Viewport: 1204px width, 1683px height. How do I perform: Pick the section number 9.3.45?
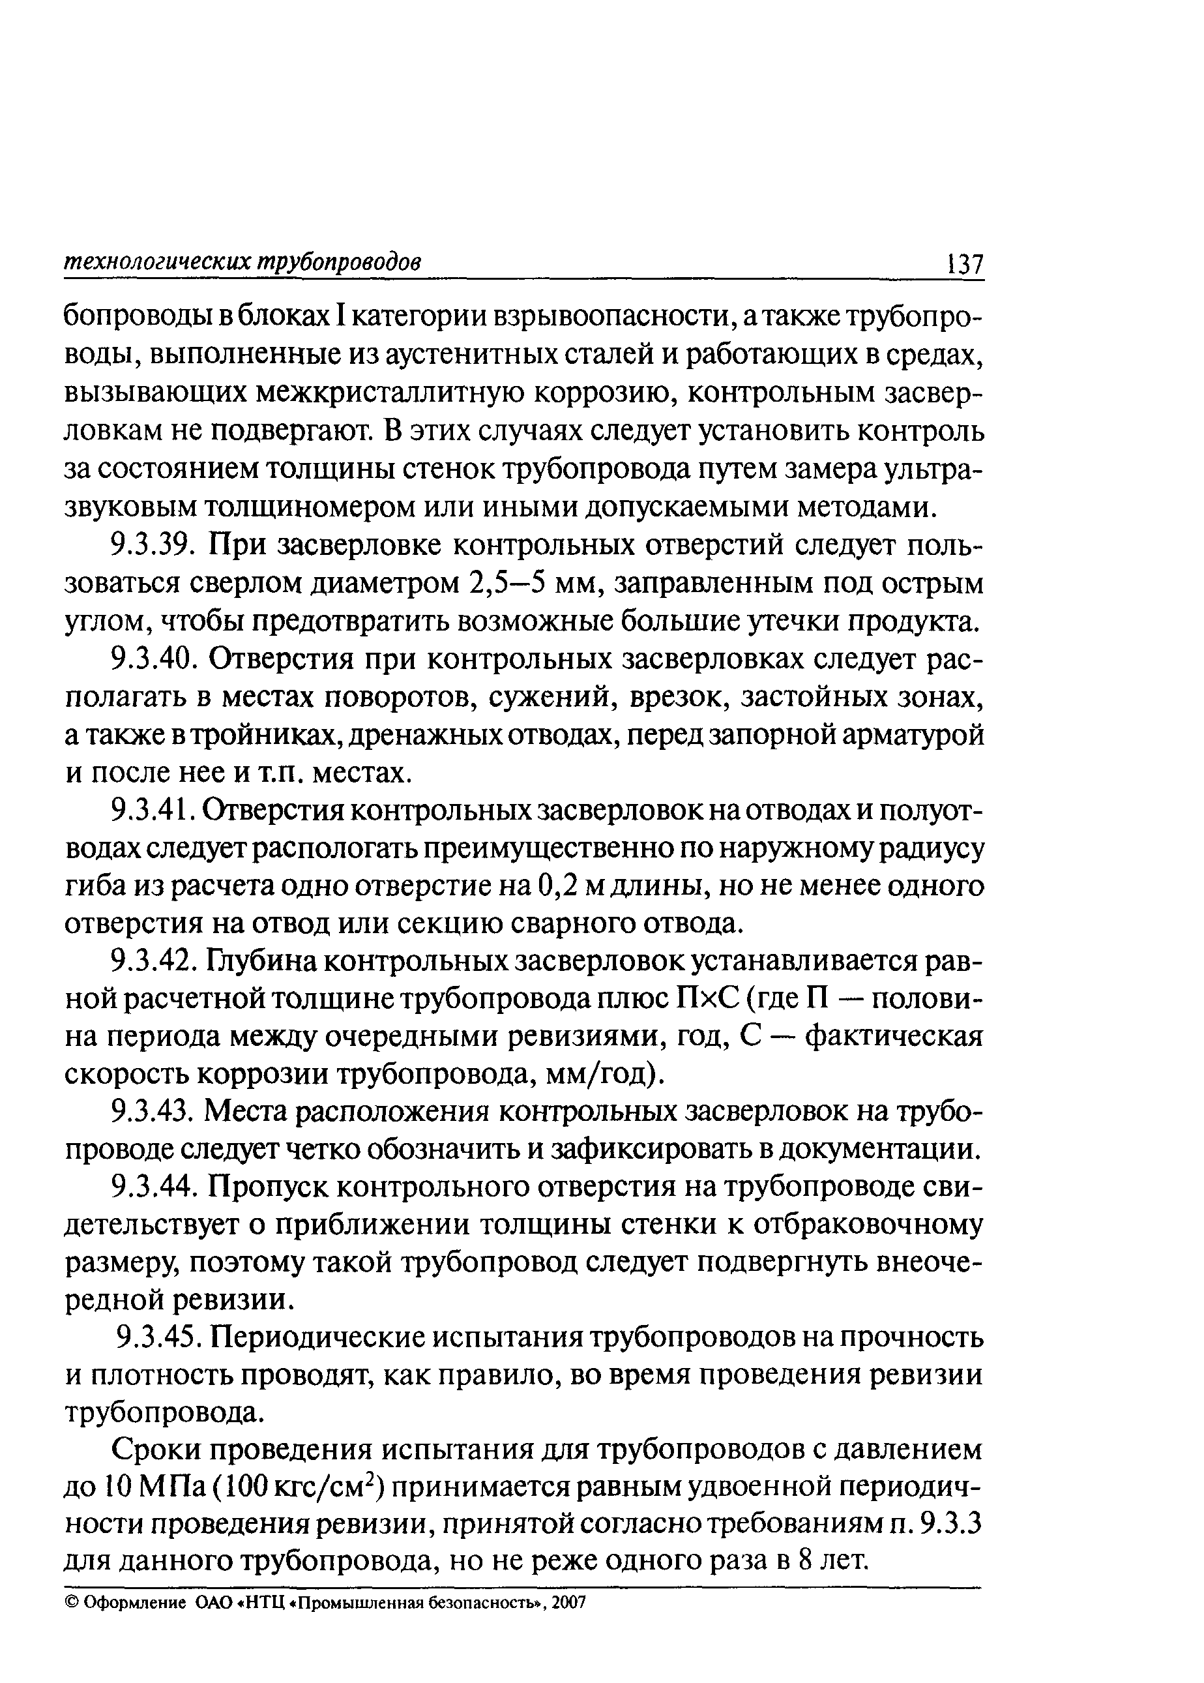click(x=156, y=1338)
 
